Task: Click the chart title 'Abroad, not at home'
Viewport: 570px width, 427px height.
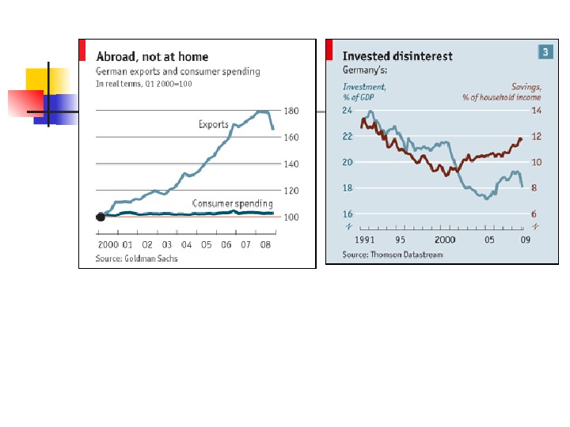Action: pyautogui.click(x=152, y=57)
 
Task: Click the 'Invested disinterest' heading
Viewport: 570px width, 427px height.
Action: pyautogui.click(x=397, y=56)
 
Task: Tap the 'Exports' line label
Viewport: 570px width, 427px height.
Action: pyautogui.click(x=214, y=125)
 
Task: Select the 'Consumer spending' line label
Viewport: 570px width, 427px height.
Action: pyautogui.click(x=233, y=204)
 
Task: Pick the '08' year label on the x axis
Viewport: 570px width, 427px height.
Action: pyautogui.click(x=266, y=244)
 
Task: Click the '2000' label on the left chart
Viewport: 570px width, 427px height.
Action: pyautogui.click(x=107, y=244)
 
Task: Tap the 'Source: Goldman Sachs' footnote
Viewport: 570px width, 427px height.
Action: pyautogui.click(x=136, y=259)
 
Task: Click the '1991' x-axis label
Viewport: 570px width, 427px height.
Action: pyautogui.click(x=365, y=238)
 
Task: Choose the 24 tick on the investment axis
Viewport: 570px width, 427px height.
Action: pyautogui.click(x=347, y=111)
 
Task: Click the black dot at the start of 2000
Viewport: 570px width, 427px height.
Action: pyautogui.click(x=100, y=217)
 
